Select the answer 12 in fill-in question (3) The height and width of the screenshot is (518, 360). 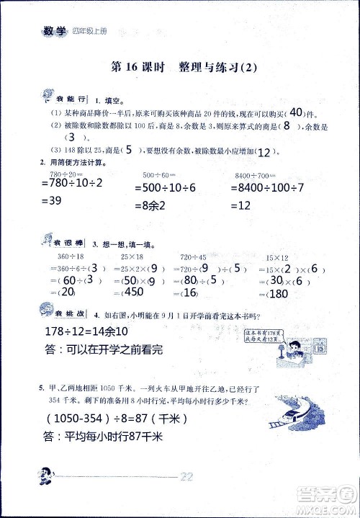pos(266,151)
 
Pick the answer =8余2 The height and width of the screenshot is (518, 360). pos(155,205)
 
